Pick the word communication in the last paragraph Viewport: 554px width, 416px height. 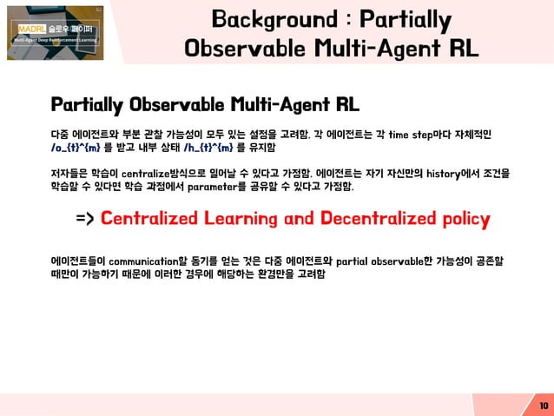(159, 261)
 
